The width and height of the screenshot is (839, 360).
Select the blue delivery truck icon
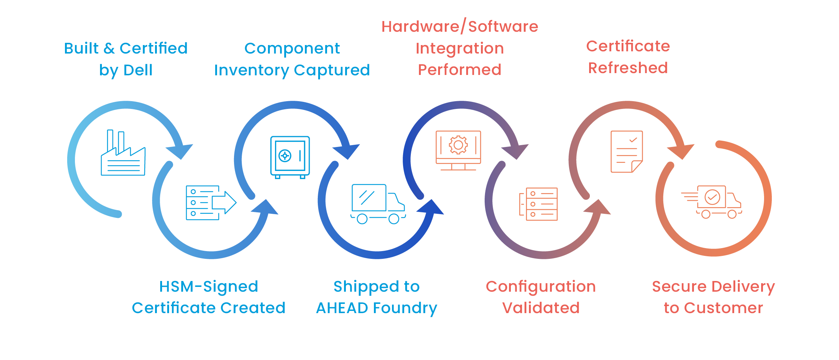(378, 204)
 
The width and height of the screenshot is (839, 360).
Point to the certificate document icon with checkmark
(627, 151)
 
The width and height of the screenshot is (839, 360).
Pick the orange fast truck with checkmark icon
(712, 202)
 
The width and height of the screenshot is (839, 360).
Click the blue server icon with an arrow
(211, 203)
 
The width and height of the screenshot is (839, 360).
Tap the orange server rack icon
(539, 204)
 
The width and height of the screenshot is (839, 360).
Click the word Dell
(138, 70)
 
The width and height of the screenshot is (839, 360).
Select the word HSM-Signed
(209, 287)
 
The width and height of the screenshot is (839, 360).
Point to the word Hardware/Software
(460, 27)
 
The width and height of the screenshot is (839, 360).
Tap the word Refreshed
(628, 68)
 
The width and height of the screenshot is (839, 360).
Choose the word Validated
(541, 308)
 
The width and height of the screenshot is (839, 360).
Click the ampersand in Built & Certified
(109, 48)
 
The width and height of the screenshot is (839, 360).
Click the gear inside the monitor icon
(458, 145)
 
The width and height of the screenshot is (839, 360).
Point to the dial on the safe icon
(285, 156)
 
